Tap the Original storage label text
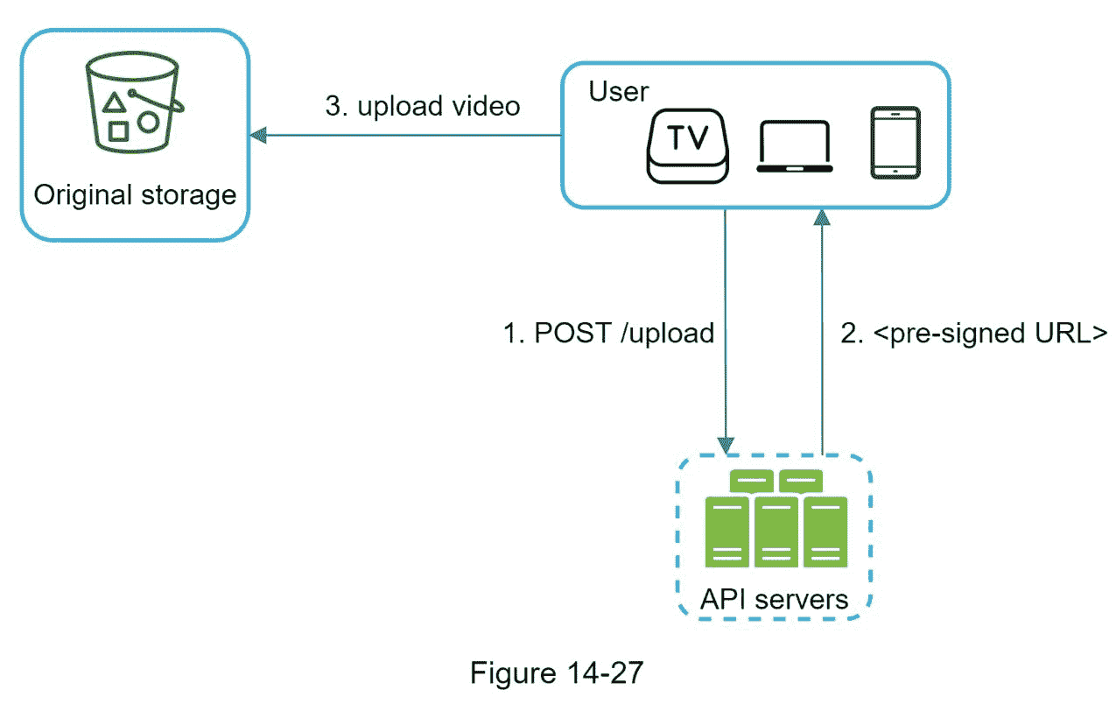135,194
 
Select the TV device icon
687,144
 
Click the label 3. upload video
423,106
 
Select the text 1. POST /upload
608,333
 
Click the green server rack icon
776,520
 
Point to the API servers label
775,599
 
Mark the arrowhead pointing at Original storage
258,136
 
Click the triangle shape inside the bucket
114,103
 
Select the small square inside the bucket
119,131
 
